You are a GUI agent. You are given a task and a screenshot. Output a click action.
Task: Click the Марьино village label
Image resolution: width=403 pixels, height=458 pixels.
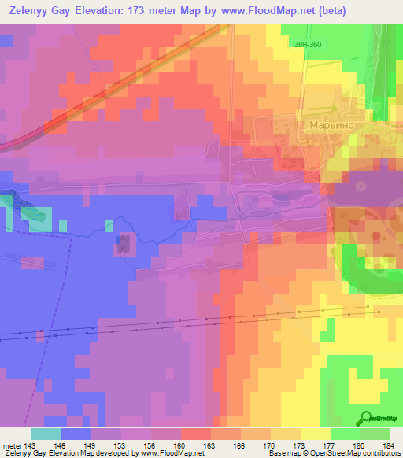(x=324, y=125)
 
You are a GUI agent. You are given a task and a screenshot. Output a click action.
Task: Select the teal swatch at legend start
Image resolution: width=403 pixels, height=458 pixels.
(x=46, y=434)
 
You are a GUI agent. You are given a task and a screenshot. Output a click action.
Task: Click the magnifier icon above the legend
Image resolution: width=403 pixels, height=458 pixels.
(x=368, y=417)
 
